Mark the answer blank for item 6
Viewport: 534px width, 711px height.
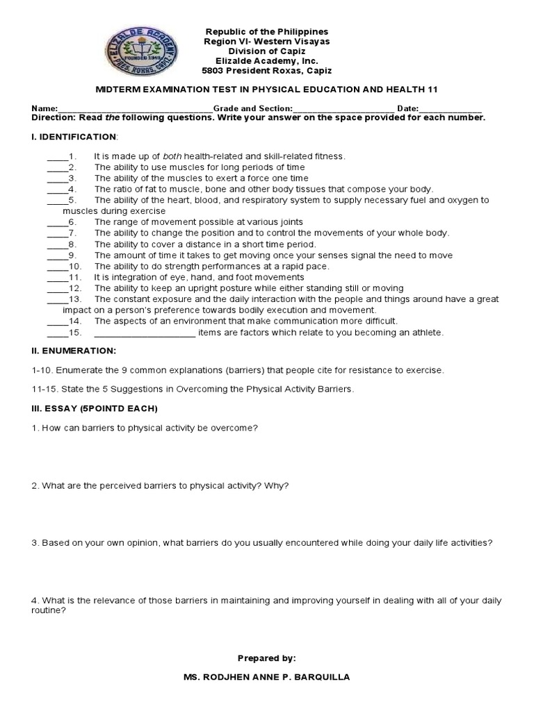point(57,223)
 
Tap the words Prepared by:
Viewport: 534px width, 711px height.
point(266,657)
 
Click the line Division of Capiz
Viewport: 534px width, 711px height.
point(266,51)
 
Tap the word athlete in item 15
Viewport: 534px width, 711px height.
point(427,333)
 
